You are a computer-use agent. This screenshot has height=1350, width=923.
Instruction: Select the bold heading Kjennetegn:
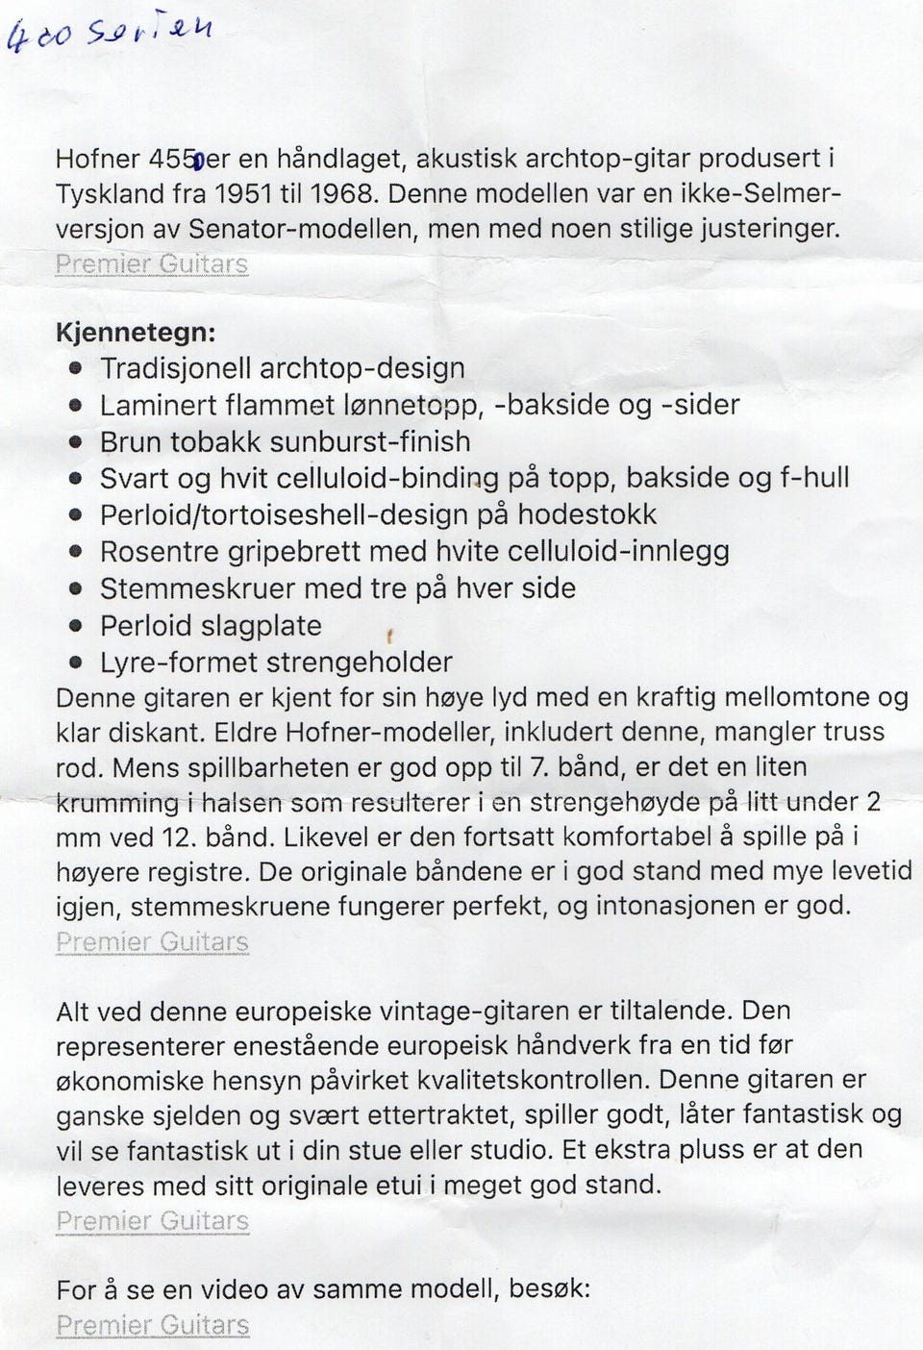pyautogui.click(x=136, y=333)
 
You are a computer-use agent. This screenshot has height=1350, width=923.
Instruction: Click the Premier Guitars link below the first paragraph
pyautogui.click(x=152, y=263)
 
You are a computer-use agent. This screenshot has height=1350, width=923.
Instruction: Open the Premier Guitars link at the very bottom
pyautogui.click(x=152, y=1325)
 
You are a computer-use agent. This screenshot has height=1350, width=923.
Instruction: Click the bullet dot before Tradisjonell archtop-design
pyautogui.click(x=77, y=368)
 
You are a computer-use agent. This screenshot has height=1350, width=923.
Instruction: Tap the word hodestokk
pyautogui.click(x=586, y=514)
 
